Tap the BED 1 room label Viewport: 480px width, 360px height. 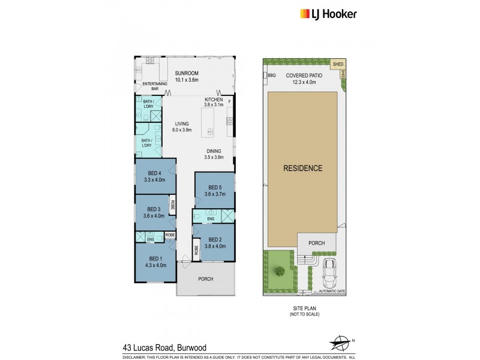pos(151,259)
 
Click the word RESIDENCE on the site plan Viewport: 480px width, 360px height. pos(302,168)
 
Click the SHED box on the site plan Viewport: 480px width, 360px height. pos(338,63)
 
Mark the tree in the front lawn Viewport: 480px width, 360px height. pos(279,271)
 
